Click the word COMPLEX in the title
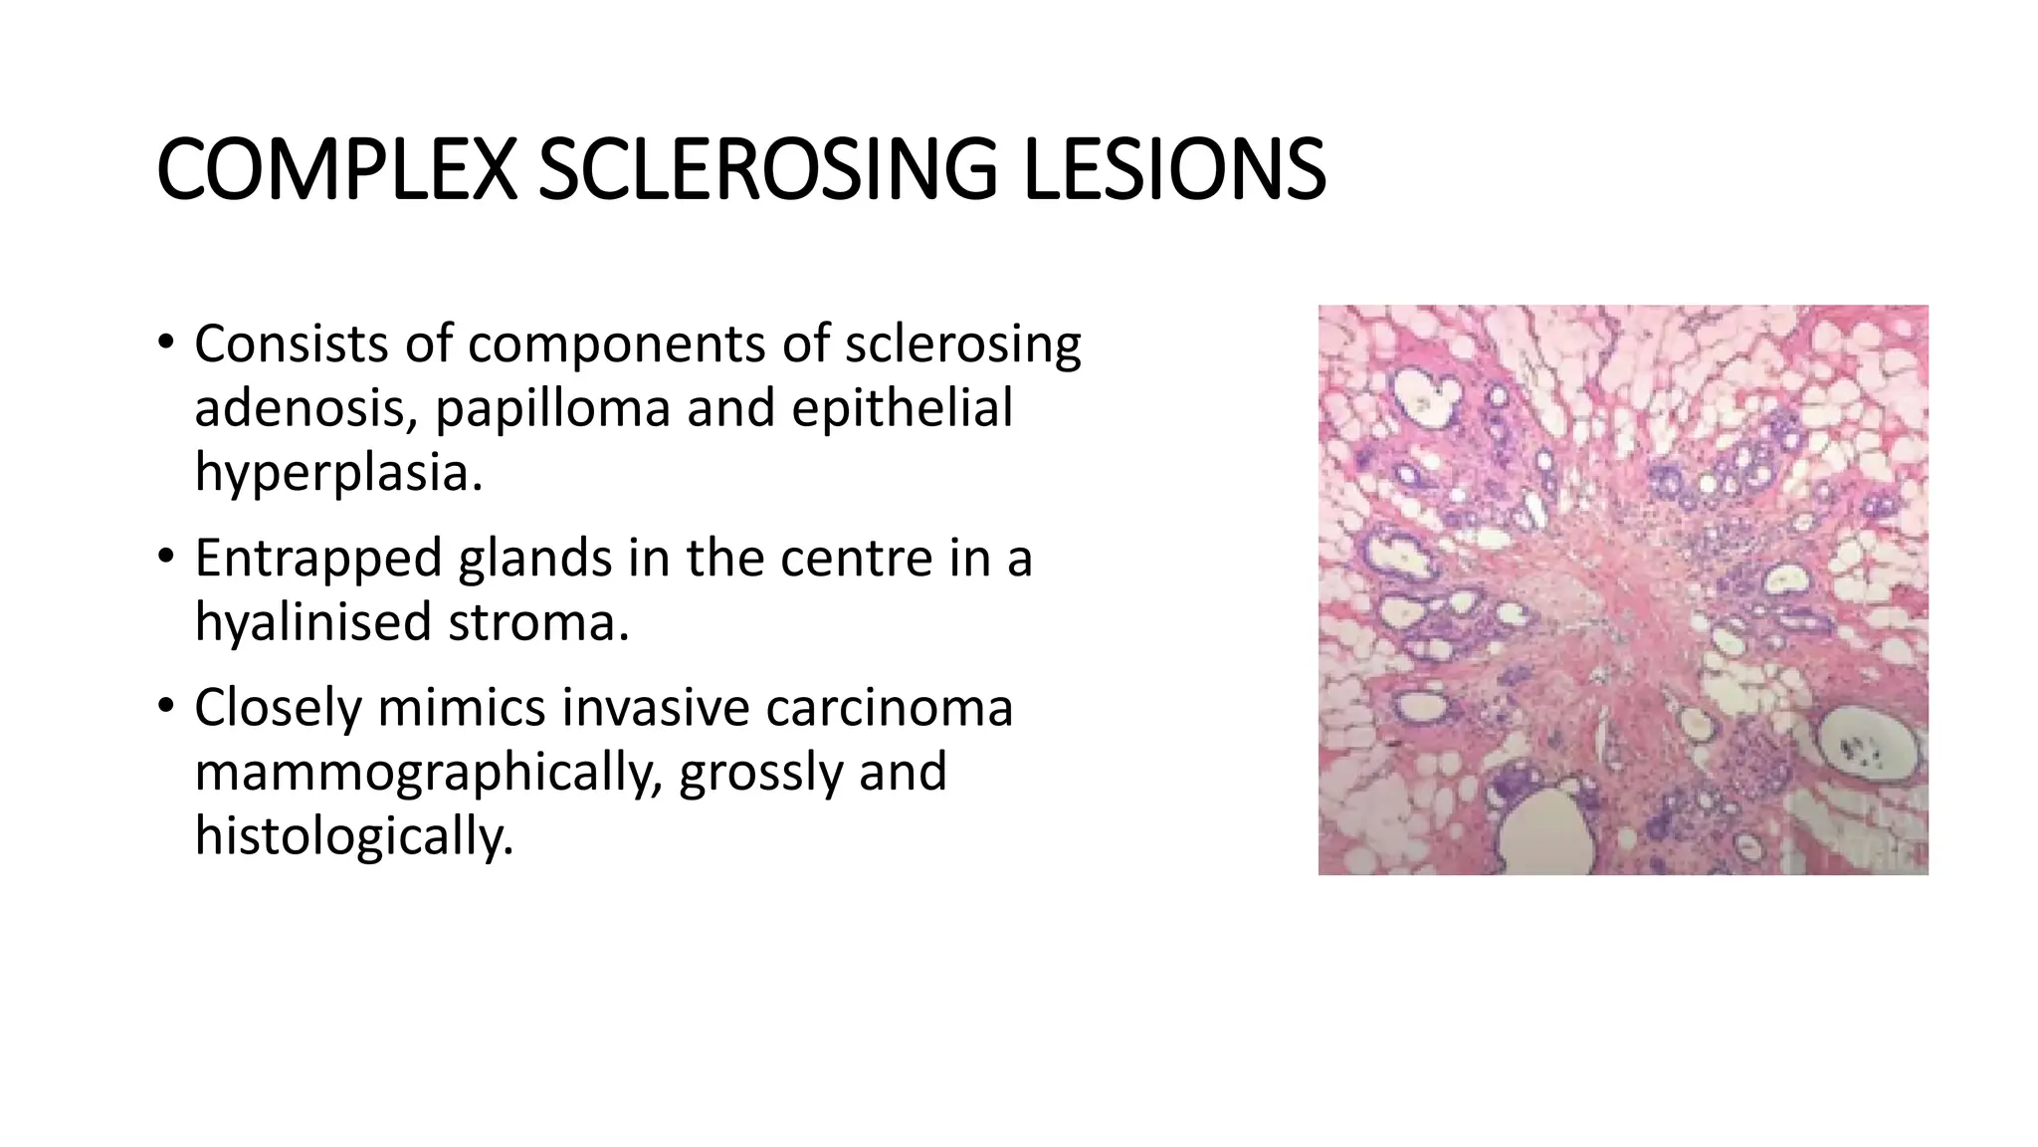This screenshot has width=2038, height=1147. point(336,170)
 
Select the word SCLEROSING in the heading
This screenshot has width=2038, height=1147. point(767,170)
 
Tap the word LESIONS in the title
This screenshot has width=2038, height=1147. point(1174,170)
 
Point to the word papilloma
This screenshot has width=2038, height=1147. point(553,409)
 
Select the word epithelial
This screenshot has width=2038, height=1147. point(902,408)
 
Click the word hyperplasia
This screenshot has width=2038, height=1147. point(338,473)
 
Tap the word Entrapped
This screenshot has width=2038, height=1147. point(318,560)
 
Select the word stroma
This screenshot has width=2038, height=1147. point(538,623)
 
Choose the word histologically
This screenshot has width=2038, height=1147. point(353,836)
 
